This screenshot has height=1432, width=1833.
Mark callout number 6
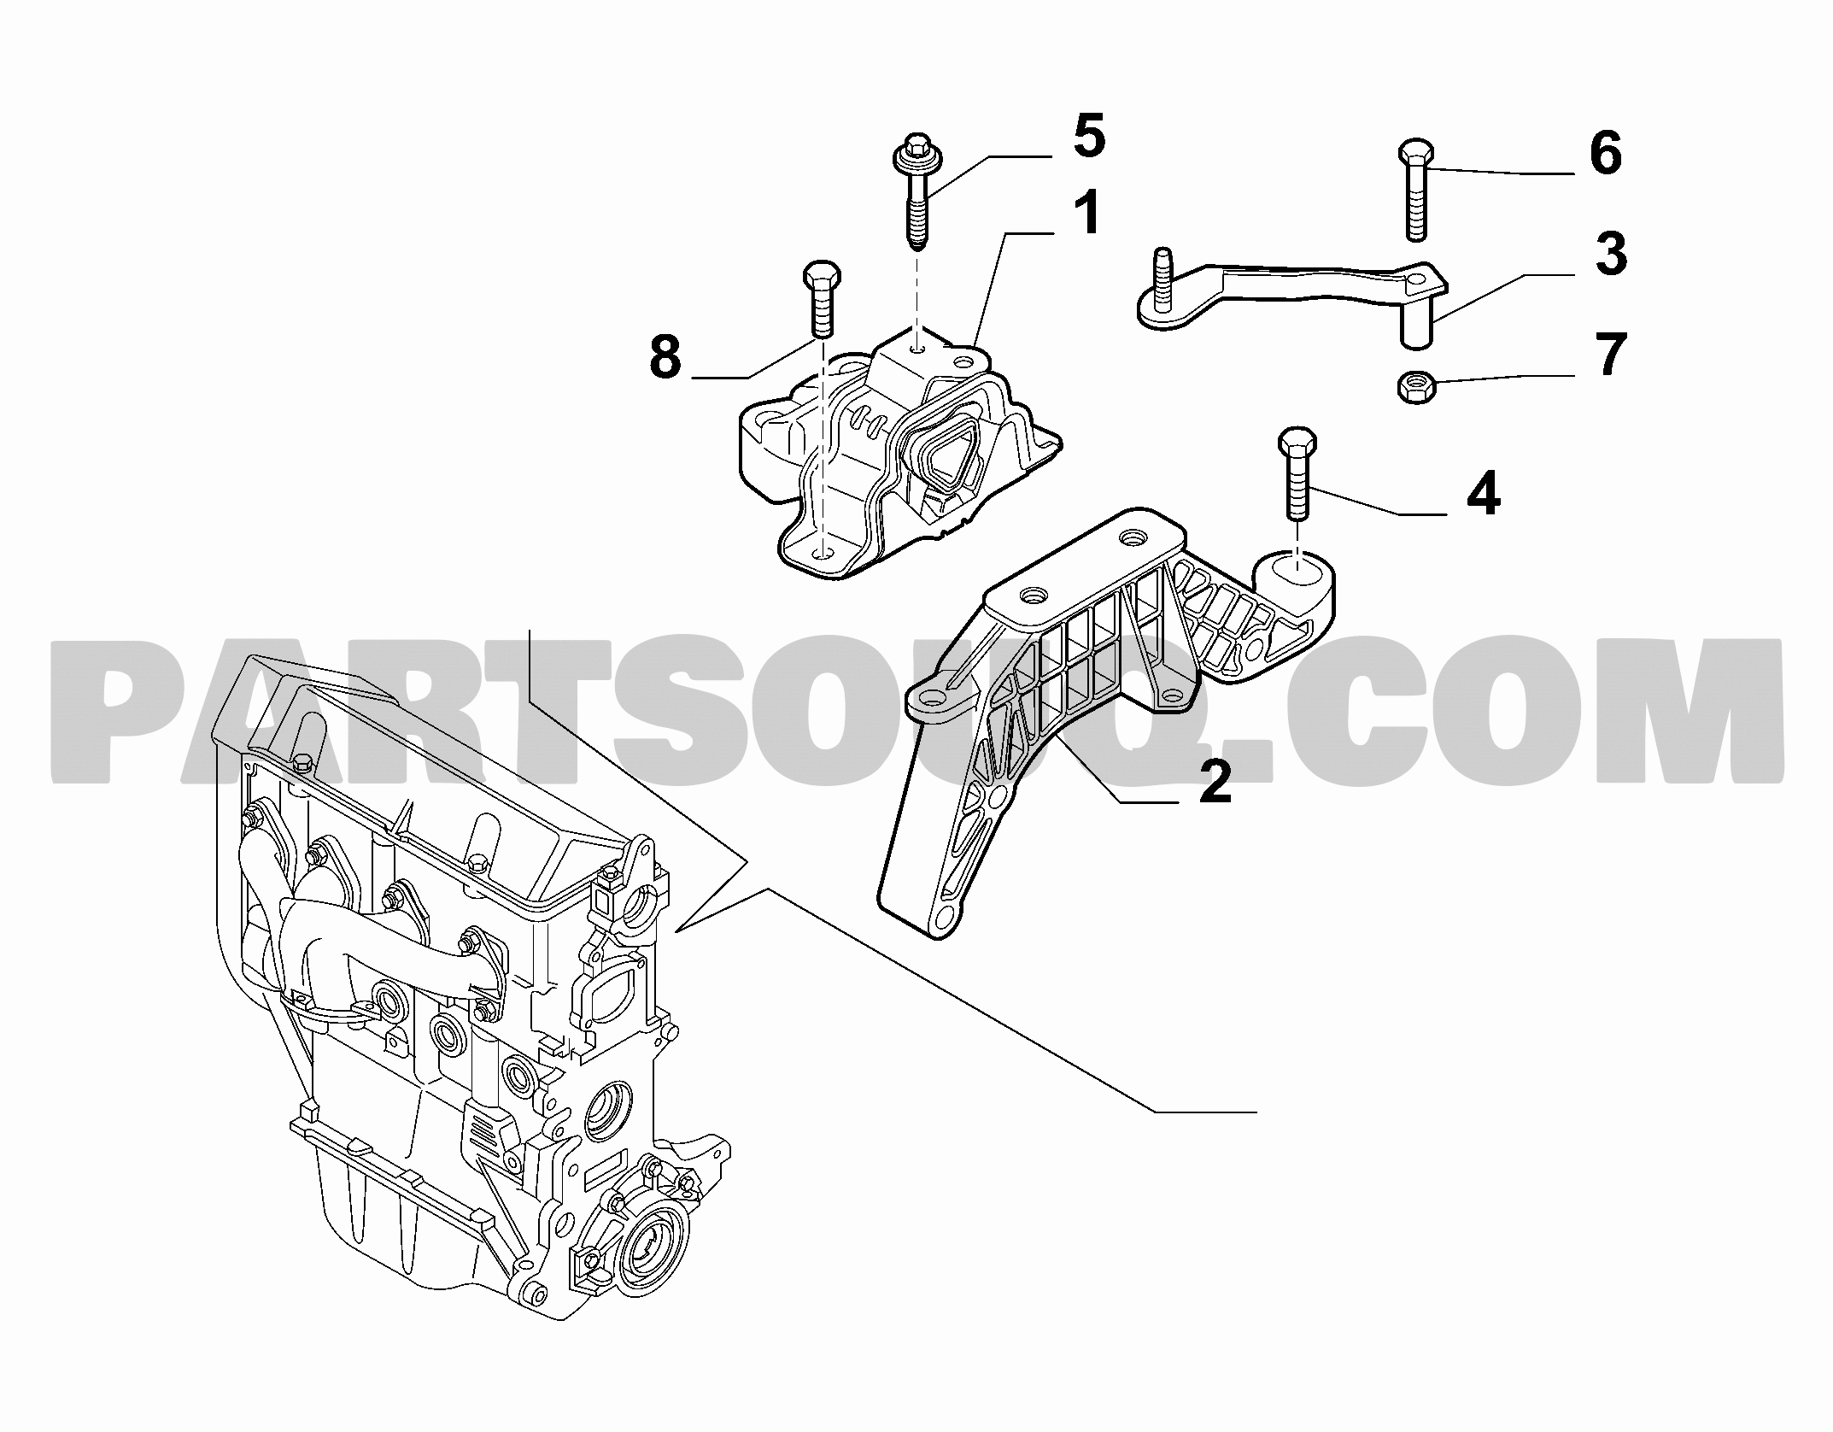[1606, 155]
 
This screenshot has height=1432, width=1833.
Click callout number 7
[1611, 355]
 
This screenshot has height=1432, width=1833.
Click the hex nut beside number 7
[1416, 388]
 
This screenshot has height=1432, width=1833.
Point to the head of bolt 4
[1297, 443]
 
